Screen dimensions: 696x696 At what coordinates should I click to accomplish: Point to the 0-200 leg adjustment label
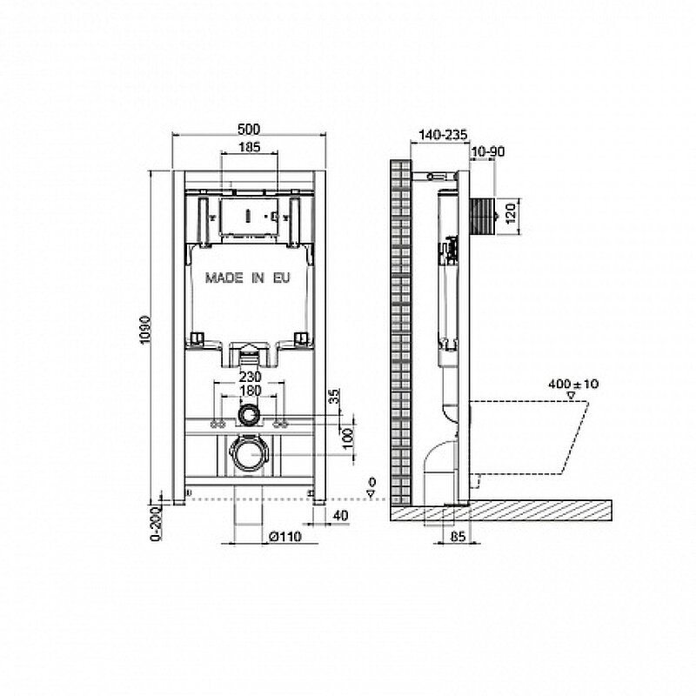[157, 525]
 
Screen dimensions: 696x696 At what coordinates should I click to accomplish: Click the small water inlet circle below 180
[248, 414]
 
